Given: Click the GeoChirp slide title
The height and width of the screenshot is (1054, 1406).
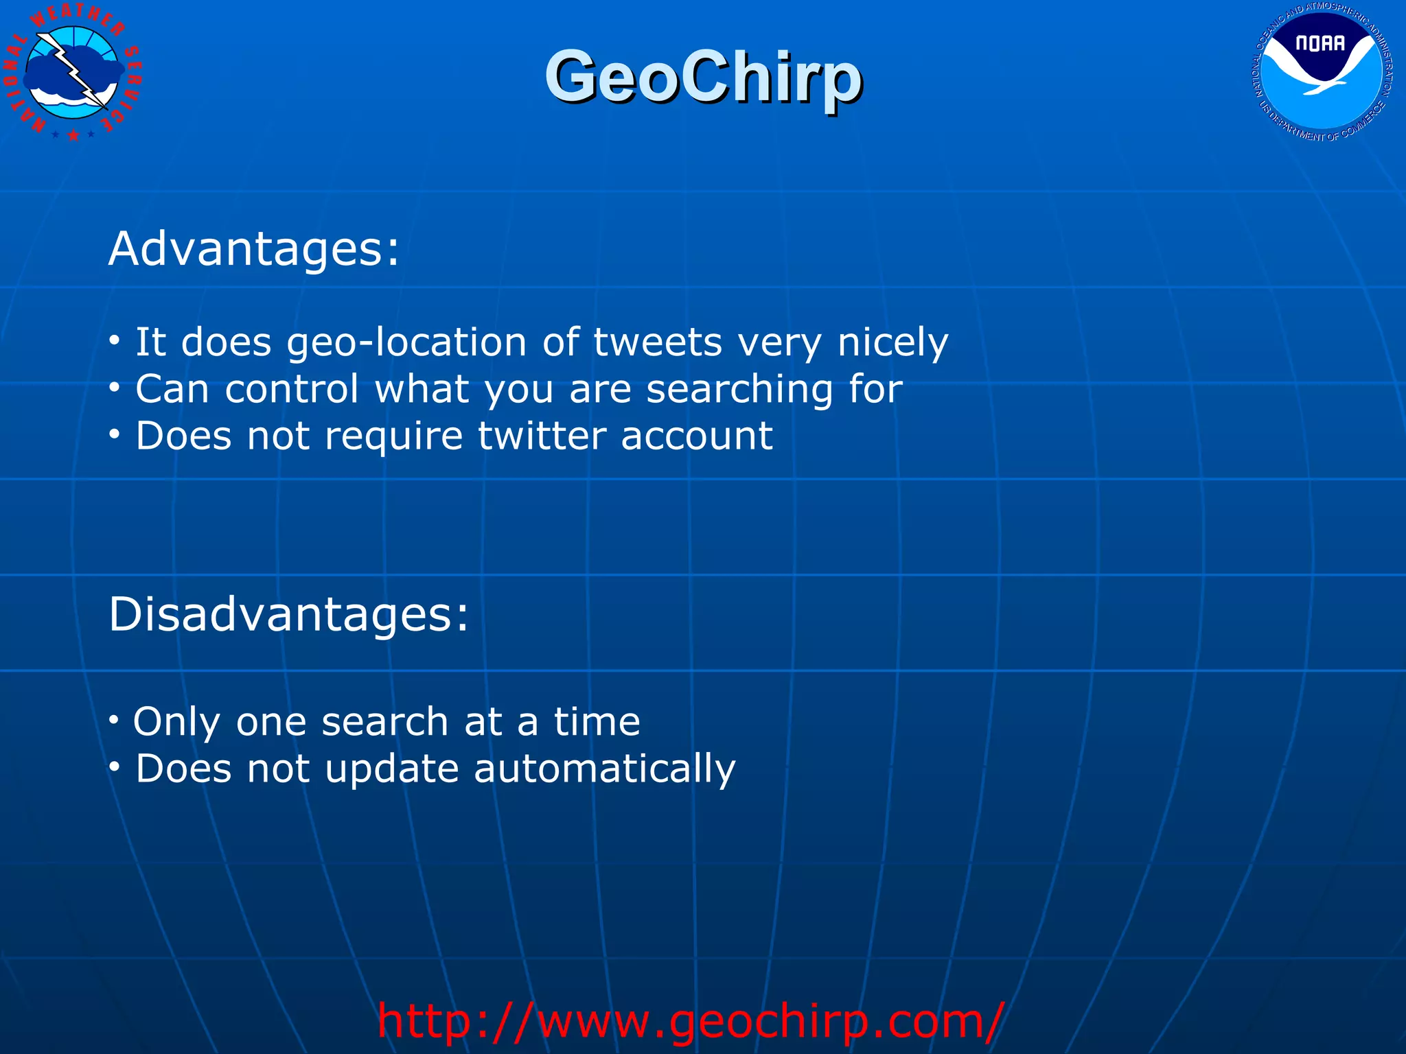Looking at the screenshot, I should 703,77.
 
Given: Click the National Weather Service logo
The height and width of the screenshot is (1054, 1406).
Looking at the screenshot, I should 73,73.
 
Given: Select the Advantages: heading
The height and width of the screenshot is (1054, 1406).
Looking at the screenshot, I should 254,248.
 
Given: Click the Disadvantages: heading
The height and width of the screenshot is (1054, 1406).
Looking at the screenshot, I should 289,613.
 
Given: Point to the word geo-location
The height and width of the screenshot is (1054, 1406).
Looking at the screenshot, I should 406,342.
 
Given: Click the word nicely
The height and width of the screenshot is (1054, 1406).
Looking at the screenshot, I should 892,342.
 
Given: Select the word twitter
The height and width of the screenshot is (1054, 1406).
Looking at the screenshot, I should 542,436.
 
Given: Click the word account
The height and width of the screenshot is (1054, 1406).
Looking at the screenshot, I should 696,436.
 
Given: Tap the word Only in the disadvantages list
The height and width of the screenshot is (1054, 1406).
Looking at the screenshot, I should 176,722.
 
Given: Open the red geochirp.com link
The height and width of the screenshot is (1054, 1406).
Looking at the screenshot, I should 690,1021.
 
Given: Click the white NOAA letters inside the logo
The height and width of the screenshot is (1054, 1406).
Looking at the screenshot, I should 1319,43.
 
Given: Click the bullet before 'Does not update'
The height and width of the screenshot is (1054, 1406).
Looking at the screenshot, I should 115,766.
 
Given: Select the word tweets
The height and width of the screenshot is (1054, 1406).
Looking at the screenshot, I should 657,342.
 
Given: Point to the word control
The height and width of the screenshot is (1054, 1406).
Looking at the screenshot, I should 292,389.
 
